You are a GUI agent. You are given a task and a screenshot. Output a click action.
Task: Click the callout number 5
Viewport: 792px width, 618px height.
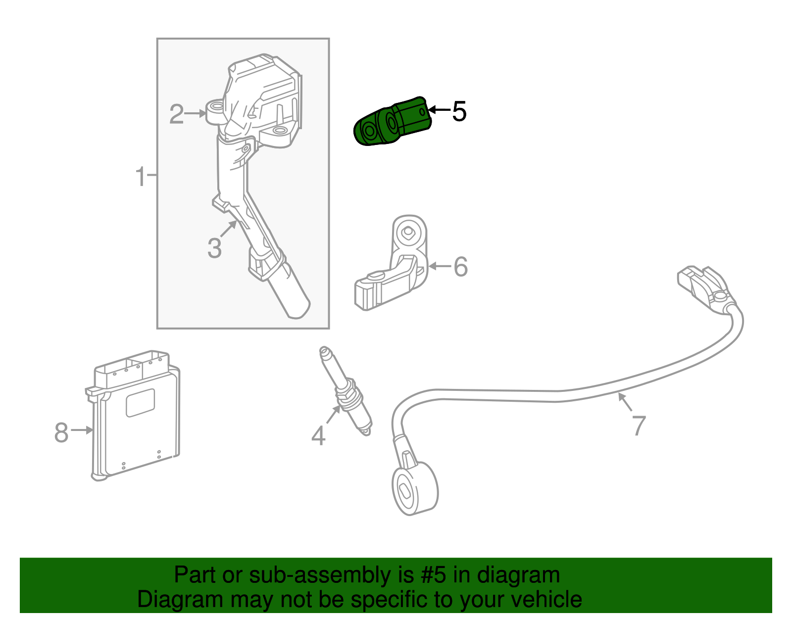click(x=459, y=111)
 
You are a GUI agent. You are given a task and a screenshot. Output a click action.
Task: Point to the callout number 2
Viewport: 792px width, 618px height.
click(x=176, y=114)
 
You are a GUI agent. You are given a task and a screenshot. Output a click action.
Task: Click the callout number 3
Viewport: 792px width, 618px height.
click(x=214, y=248)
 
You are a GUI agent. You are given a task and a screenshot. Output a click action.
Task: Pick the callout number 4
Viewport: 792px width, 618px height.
click(x=318, y=436)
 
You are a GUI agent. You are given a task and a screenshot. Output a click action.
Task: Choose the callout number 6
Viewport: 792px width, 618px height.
click(x=460, y=267)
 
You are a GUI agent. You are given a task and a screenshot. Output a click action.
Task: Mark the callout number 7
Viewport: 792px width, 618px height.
click(x=639, y=426)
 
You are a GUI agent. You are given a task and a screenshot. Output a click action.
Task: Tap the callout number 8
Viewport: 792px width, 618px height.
click(x=61, y=432)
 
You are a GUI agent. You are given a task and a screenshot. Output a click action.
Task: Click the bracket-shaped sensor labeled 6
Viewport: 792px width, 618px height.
click(x=396, y=272)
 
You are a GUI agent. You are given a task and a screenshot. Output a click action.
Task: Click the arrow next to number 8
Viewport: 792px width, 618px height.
click(x=83, y=430)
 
